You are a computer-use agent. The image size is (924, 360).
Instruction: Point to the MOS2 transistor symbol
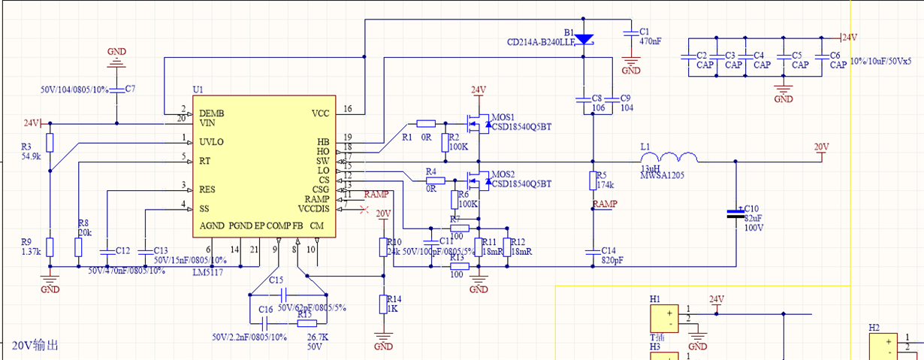coord(475,180)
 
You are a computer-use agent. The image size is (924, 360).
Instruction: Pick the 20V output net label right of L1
coord(822,147)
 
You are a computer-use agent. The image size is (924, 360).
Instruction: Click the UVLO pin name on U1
coord(211,141)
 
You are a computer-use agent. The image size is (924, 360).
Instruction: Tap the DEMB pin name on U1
coord(212,113)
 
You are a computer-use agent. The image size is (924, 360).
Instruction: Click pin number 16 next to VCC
coord(348,109)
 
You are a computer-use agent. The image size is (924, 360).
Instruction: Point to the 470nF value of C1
coord(650,42)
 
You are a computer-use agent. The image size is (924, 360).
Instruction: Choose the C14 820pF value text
coord(612,260)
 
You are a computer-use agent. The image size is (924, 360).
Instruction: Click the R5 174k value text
coord(606,184)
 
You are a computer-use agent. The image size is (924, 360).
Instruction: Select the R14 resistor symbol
coord(383,304)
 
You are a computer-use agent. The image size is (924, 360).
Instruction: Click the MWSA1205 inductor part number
coord(661,176)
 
